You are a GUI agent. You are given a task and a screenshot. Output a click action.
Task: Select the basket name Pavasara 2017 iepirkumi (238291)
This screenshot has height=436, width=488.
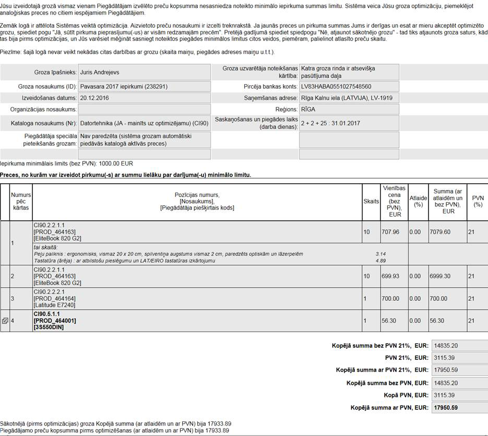click(124, 86)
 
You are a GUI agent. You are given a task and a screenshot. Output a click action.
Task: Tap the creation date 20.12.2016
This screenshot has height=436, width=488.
click(94, 98)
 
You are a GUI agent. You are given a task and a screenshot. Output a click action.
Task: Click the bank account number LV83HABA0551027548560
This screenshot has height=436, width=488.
click(336, 86)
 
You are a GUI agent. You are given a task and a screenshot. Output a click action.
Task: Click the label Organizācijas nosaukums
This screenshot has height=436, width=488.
click(43, 110)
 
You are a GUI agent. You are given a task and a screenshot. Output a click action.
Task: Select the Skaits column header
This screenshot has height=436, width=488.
click(371, 201)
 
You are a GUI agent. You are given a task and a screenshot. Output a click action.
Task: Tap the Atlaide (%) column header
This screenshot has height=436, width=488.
click(418, 201)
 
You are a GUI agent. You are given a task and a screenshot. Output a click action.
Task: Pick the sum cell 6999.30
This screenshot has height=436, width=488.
click(440, 276)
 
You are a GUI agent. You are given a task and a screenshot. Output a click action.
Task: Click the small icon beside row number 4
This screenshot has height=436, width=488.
click(5, 321)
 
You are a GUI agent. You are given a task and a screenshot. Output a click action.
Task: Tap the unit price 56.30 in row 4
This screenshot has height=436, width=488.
click(389, 321)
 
